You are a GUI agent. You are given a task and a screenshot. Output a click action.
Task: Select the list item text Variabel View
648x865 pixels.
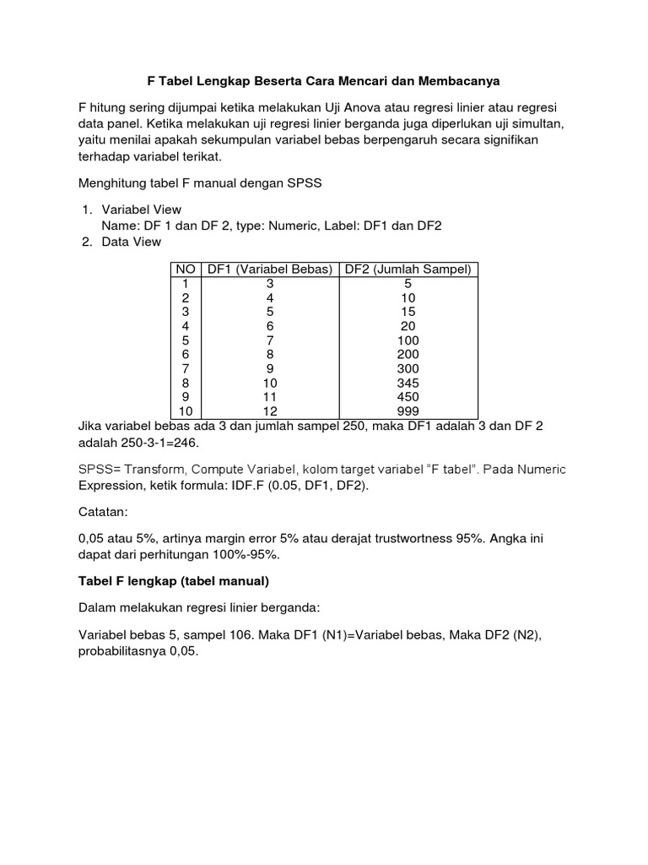tap(141, 209)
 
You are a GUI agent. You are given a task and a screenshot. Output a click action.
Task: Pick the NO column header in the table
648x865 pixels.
tap(185, 269)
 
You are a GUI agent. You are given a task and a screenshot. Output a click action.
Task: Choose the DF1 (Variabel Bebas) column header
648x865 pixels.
tap(270, 269)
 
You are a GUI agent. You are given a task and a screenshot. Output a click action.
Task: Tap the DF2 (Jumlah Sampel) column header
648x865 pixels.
tap(409, 269)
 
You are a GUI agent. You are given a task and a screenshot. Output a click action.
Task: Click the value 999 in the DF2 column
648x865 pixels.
tap(409, 411)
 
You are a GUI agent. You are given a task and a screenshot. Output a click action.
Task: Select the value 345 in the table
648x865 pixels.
tap(409, 383)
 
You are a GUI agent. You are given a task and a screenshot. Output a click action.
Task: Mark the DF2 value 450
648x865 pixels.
tap(409, 397)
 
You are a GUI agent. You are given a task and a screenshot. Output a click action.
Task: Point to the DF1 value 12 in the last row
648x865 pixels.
tap(270, 411)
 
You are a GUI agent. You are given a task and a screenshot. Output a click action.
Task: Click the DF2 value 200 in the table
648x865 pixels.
tap(409, 354)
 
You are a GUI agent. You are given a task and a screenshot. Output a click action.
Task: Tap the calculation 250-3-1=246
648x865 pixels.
tap(165, 442)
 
